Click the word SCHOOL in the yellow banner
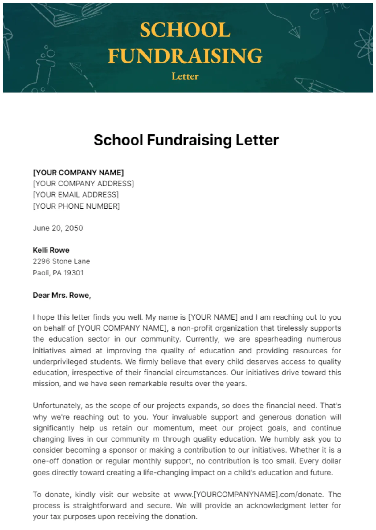click(185, 30)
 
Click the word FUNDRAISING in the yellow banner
click(185, 56)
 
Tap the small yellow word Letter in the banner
click(185, 76)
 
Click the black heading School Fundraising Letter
click(186, 140)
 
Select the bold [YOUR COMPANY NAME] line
click(78, 173)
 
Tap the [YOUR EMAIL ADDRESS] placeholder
click(76, 195)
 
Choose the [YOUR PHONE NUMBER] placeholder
click(76, 206)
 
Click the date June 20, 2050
click(58, 228)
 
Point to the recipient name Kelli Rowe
click(51, 250)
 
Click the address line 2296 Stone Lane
click(61, 261)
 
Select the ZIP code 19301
click(74, 273)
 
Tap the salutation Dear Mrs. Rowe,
click(62, 295)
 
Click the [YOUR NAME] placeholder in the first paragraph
click(213, 317)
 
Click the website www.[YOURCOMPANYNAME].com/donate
click(248, 495)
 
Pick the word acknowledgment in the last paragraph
click(283, 506)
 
